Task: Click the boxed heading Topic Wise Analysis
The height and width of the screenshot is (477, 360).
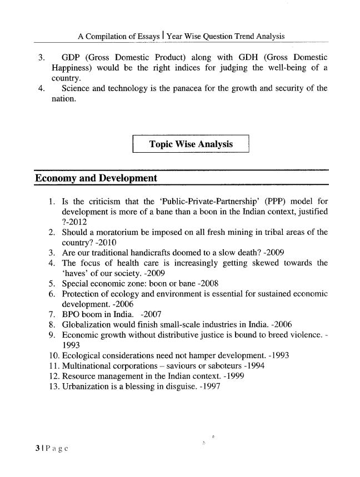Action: pos(191,144)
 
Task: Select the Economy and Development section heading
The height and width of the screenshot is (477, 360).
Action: pos(96,178)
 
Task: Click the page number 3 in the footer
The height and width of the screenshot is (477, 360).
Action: pos(37,447)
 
